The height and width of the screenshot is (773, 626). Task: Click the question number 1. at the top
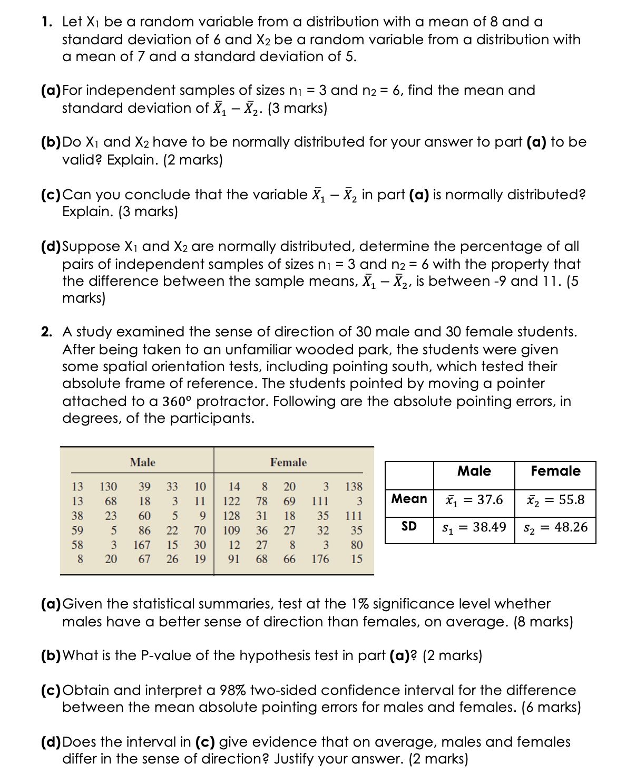(x=47, y=22)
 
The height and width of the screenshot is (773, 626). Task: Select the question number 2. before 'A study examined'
(x=47, y=332)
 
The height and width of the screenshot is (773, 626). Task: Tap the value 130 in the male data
(x=109, y=486)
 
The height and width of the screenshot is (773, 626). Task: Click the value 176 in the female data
(x=320, y=559)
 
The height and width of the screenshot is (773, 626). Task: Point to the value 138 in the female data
(x=353, y=486)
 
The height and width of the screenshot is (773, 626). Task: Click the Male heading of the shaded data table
(x=142, y=462)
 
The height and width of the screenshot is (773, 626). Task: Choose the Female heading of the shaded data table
(x=288, y=462)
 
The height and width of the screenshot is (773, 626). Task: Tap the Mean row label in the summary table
(x=409, y=499)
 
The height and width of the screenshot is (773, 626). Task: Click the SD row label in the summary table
(x=409, y=526)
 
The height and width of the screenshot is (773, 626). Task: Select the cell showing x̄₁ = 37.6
(x=474, y=500)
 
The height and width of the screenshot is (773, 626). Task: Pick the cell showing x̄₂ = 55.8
(x=555, y=500)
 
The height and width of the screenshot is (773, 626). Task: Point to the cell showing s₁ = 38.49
(x=474, y=527)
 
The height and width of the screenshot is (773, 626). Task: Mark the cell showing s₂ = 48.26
(x=555, y=527)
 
